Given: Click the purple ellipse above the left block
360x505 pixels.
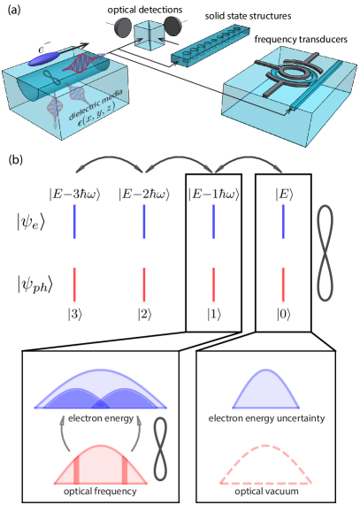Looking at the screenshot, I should point(44,59).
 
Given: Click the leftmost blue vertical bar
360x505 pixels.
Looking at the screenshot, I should point(74,221).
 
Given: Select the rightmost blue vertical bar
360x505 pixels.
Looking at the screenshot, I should point(283,221).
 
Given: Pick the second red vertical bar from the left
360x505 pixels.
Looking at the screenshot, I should point(144,285).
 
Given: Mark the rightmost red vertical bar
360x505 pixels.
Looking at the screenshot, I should point(283,285).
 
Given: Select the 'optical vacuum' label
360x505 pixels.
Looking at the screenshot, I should point(265,491).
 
